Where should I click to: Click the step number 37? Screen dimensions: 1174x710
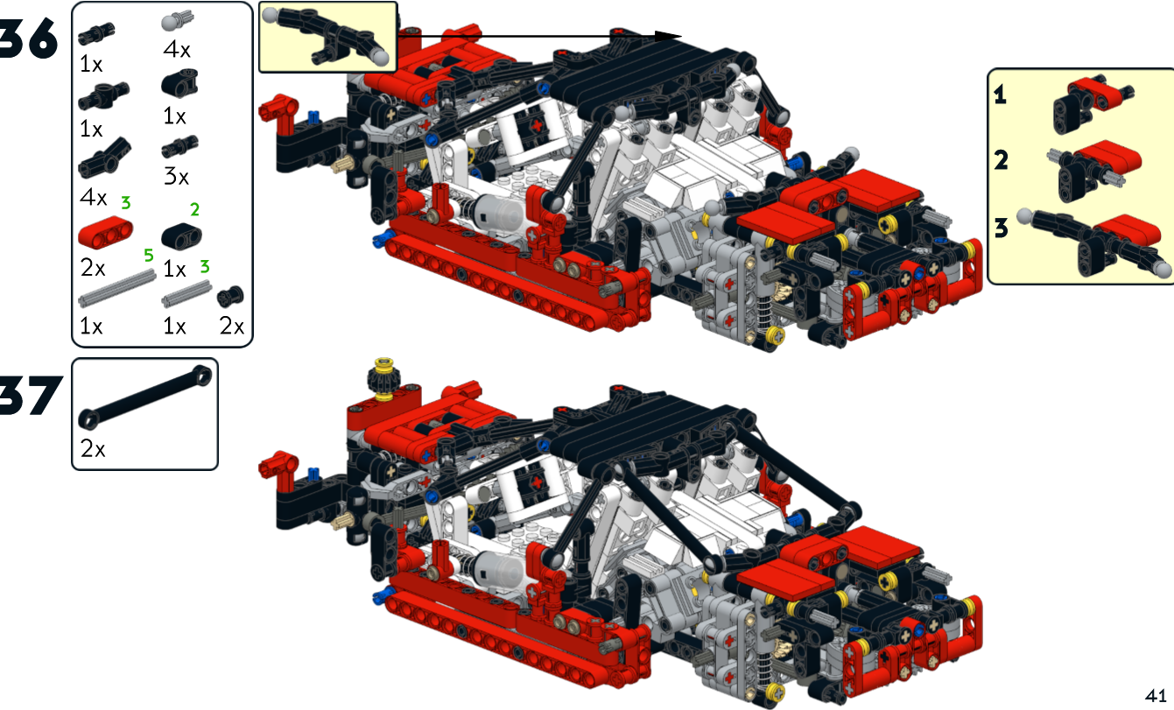click(x=31, y=395)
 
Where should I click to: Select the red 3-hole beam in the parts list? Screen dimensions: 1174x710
click(x=105, y=232)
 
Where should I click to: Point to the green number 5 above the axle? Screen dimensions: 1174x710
click(x=149, y=256)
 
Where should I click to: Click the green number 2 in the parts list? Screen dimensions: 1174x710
click(x=194, y=209)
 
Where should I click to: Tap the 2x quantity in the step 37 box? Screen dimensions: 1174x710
click(x=93, y=449)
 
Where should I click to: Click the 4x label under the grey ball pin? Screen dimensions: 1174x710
click(x=177, y=50)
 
